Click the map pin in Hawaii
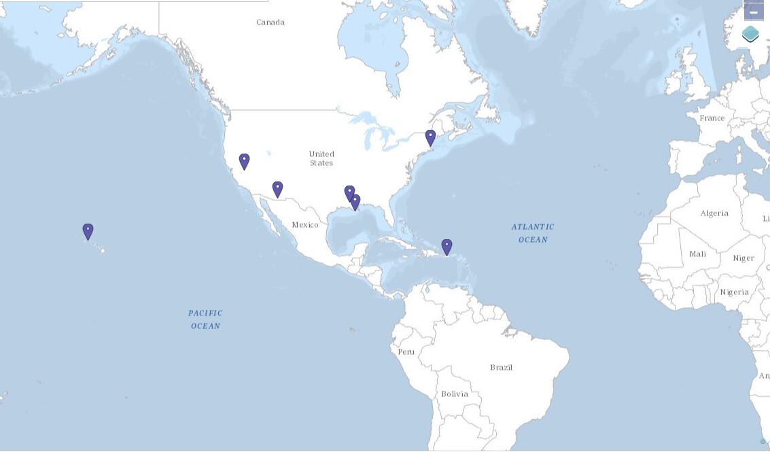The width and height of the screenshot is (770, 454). pyautogui.click(x=88, y=232)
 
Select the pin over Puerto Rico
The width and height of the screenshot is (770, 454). pyautogui.click(x=447, y=247)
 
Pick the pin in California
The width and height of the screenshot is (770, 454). pyautogui.click(x=244, y=161)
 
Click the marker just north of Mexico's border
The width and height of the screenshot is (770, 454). pyautogui.click(x=277, y=189)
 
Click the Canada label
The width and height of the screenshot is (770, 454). pyautogui.click(x=270, y=22)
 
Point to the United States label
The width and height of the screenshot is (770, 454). pyautogui.click(x=321, y=158)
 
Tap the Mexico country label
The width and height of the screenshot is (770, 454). pyautogui.click(x=305, y=225)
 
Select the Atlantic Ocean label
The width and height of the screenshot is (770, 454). pyautogui.click(x=533, y=233)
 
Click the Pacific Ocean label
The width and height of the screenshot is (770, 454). pyautogui.click(x=205, y=319)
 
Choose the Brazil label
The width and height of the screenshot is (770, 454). pyautogui.click(x=502, y=368)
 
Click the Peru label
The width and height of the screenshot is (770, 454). pyautogui.click(x=406, y=352)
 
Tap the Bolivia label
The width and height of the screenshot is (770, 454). pyautogui.click(x=455, y=394)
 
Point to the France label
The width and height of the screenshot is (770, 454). pyautogui.click(x=712, y=118)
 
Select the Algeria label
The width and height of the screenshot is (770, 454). pyautogui.click(x=714, y=213)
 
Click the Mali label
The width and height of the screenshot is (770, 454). pyautogui.click(x=698, y=254)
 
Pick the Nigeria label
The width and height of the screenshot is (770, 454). pyautogui.click(x=735, y=292)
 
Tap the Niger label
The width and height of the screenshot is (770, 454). pyautogui.click(x=743, y=258)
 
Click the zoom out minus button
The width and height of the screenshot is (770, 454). pyautogui.click(x=754, y=12)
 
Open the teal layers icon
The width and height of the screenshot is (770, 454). pyautogui.click(x=750, y=34)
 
